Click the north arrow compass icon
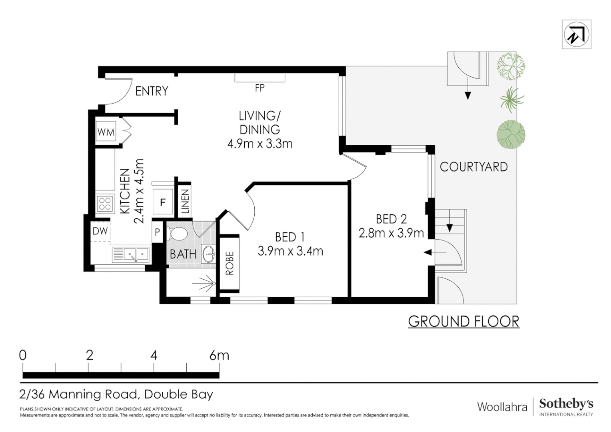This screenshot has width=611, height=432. tap(576, 34)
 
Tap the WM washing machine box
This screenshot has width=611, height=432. tap(106, 132)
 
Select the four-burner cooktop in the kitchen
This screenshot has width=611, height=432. tap(105, 203)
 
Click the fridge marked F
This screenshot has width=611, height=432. tap(163, 202)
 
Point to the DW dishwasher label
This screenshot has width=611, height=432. tap(100, 231)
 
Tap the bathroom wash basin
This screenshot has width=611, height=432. tap(208, 254)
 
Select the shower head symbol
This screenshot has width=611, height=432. tap(205, 284)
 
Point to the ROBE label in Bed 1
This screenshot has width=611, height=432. tap(230, 263)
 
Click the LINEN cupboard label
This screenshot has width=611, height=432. tap(185, 202)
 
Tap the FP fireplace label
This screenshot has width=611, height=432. tap(260, 88)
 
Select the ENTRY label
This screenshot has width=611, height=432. tap(152, 91)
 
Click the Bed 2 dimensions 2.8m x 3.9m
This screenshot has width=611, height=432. tap(391, 233)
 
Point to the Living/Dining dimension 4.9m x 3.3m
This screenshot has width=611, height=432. tap(260, 144)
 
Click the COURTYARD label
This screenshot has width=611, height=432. tap(473, 167)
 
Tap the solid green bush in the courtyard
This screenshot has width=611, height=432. tap(511, 134)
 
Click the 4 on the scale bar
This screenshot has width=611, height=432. tap(154, 355)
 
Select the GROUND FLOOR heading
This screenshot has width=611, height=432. tap(464, 322)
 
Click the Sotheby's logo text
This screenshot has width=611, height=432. tap(566, 404)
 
